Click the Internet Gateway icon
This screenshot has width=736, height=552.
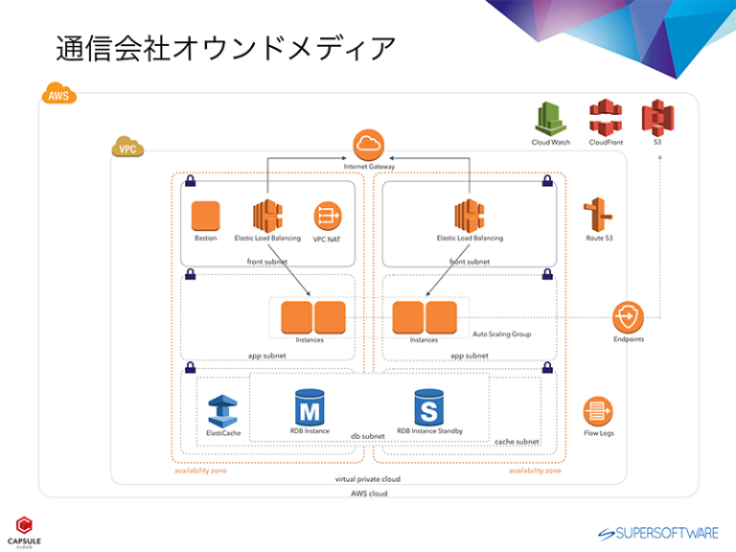point(368,145)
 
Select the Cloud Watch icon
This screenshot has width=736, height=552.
point(551,119)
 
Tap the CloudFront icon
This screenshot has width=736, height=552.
point(606,119)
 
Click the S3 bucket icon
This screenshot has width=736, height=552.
point(657,119)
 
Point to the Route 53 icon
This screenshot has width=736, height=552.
point(600,214)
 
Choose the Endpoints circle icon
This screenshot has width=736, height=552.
point(628,316)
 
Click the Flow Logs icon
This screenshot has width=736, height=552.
point(599,412)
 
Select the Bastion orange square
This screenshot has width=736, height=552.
point(205,216)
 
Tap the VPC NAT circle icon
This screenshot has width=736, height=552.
point(327,216)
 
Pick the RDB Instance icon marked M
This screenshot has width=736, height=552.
point(310,407)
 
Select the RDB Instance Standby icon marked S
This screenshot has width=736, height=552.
point(429,407)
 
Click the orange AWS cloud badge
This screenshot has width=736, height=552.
point(58,96)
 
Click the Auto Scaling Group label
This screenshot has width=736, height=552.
point(501,334)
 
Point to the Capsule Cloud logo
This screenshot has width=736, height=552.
point(24,529)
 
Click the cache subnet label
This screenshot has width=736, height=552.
point(516,442)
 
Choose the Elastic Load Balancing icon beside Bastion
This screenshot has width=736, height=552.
point(267,216)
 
